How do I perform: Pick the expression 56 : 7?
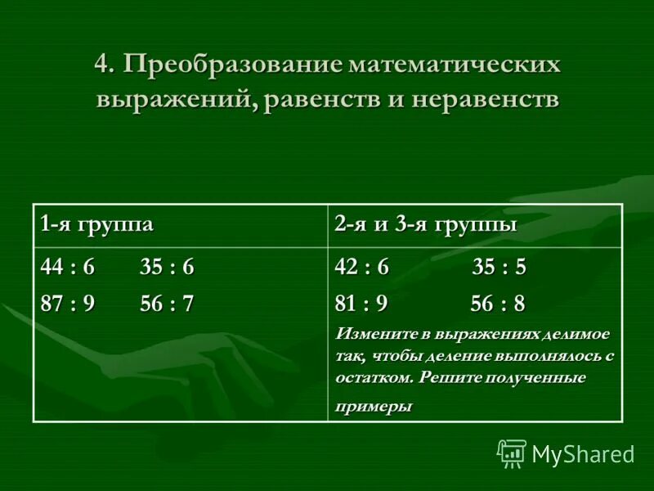point(167,303)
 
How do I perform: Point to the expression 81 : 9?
point(361,304)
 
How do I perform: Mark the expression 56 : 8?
point(498,304)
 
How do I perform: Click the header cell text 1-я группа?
point(97,224)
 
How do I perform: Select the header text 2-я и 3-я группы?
point(425,224)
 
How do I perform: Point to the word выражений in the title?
point(176,100)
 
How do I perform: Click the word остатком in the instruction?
point(373,379)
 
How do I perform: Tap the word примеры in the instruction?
point(374,407)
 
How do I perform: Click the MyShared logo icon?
point(512,453)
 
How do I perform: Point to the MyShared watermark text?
point(583,454)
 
